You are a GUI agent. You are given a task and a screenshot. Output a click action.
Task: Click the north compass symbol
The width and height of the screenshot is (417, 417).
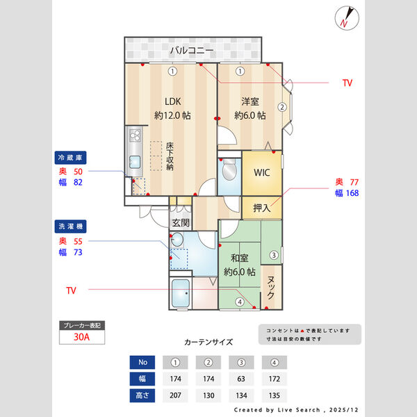coord(345,18)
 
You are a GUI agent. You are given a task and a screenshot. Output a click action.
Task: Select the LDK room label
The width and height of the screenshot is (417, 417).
coord(172,100)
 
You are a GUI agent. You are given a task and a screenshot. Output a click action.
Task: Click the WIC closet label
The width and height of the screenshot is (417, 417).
coord(261,172)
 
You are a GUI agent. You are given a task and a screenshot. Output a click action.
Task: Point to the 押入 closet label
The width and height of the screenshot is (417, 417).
coord(261,207)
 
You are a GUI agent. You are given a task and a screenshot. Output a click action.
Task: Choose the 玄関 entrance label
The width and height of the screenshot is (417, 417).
coord(181,222)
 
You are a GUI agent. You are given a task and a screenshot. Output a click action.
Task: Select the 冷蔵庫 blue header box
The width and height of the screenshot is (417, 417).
coord(72,157)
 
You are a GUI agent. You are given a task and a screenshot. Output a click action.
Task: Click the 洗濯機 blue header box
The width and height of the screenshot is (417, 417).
coord(72,227)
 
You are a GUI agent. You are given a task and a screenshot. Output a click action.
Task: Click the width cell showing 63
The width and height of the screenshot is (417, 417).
coord(240,379)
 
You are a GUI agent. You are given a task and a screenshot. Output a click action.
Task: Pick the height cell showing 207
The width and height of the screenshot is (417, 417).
coord(175,395)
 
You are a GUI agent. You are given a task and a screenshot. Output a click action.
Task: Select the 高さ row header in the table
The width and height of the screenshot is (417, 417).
coord(142,395)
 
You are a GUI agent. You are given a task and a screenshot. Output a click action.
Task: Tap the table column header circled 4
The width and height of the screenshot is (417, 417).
coord(274,362)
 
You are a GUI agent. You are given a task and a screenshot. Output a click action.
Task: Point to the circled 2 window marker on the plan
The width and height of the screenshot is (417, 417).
coord(282,107)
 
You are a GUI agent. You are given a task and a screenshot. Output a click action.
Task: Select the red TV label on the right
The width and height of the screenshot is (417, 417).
coord(347,83)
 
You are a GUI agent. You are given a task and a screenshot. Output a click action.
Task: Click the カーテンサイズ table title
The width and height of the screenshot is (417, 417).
coord(208,342)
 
